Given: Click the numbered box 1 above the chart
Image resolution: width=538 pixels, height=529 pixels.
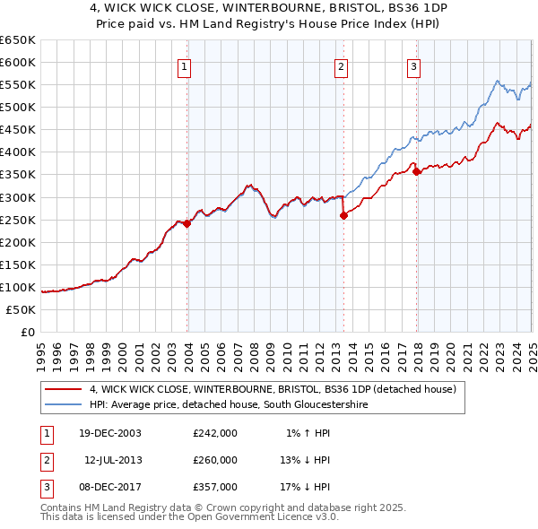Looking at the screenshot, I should (184, 65).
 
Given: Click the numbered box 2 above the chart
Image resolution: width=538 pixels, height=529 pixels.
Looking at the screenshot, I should (342, 65).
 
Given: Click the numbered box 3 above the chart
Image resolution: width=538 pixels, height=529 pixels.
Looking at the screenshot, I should (413, 65).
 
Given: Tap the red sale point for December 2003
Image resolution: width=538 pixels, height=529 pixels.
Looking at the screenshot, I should (187, 224).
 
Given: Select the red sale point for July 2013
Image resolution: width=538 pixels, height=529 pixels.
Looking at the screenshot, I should (343, 215).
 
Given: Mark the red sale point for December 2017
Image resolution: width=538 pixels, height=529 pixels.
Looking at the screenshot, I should (416, 171).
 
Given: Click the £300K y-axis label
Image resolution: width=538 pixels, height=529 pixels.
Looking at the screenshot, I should (18, 197).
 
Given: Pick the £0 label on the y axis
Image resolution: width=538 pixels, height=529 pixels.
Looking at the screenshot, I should (28, 333).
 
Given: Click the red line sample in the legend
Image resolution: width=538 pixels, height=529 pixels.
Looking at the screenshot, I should (63, 389).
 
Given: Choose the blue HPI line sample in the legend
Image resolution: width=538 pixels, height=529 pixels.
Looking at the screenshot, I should (63, 405).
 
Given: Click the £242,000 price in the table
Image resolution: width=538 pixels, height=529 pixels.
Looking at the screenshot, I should (215, 433).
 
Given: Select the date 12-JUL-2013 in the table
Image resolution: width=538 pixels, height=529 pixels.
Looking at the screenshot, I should (115, 460).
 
